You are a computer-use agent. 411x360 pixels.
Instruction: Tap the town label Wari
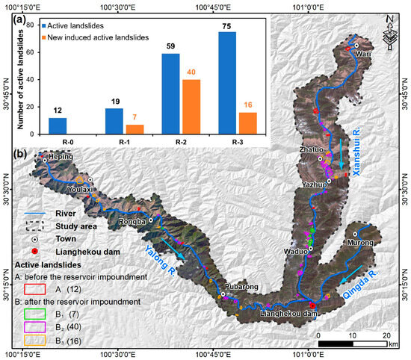pos(363,54)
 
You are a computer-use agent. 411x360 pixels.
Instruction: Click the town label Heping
pos(61,158)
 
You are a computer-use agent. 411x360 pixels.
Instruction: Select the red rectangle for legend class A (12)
pos(31,287)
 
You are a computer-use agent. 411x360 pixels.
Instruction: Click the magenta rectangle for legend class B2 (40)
pos(31,324)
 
